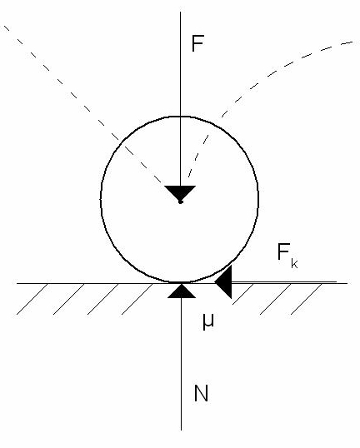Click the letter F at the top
pos(197,43)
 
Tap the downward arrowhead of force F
pos(180,193)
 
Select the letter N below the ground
pos(201,393)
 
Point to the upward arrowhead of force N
pos(182,291)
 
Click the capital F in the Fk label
pos(283,251)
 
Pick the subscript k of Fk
pos(294,263)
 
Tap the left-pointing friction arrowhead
pos(223,282)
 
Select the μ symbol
pos(208,322)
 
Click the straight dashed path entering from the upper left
pos(83,105)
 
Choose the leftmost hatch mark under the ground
pos(32,299)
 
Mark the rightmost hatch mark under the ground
pos(306,299)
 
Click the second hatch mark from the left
pos(68,299)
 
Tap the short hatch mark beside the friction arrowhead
pos(242,294)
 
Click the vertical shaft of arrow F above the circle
pos(180,64)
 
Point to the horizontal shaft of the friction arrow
pos(284,282)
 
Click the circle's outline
pos(101,199)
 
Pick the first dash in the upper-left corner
pos(7,27)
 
